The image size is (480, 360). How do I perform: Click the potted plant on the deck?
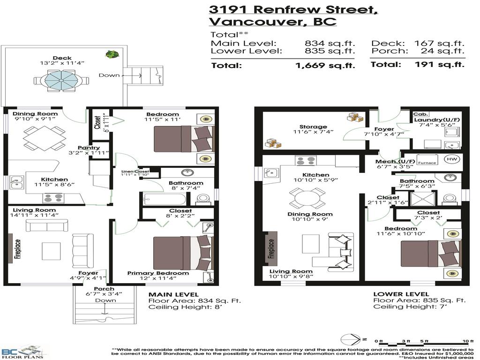click(111, 54)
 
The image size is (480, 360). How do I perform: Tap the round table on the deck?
click(62, 81)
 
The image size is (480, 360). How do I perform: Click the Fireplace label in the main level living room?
click(17, 250)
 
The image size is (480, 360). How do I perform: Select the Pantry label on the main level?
click(89, 148)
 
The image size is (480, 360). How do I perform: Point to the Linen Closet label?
click(135, 172)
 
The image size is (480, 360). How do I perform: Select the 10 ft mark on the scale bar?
click(465, 341)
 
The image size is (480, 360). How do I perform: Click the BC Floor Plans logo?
click(23, 352)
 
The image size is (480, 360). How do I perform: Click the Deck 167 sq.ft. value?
click(440, 43)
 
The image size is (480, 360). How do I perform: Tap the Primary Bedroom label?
click(158, 273)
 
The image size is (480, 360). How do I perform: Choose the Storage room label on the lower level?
click(313, 127)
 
